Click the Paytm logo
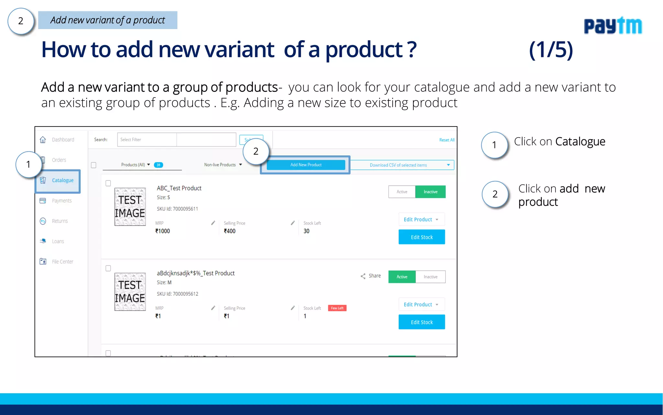[x=612, y=26]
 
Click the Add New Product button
[x=306, y=165]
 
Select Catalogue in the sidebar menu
[x=62, y=180]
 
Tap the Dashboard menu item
[x=63, y=140]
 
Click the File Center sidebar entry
[x=62, y=262]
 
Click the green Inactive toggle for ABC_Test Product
[x=430, y=192]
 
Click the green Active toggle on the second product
[x=402, y=277]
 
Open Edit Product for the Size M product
[x=421, y=304]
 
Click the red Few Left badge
[x=337, y=308]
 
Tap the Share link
[x=371, y=276]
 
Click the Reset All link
[x=446, y=140]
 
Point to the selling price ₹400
[x=230, y=231]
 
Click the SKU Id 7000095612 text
[x=177, y=294]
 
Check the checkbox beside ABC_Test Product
[x=108, y=184]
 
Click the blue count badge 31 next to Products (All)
[x=158, y=165]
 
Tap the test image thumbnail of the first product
[x=130, y=207]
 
